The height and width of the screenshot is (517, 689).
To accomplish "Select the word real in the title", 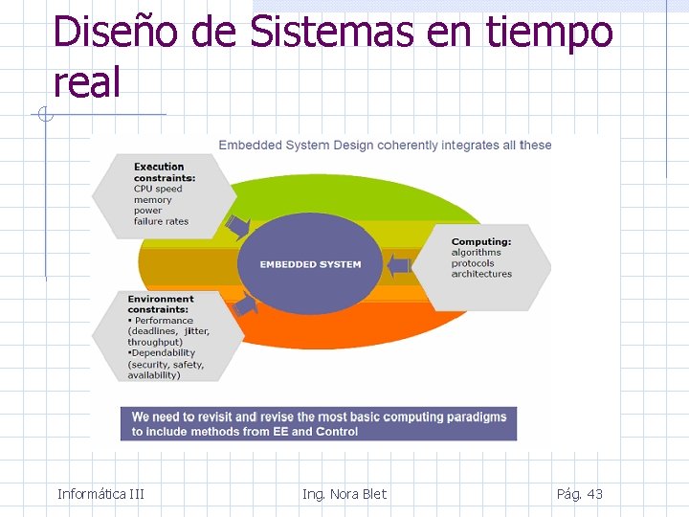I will tap(87, 83).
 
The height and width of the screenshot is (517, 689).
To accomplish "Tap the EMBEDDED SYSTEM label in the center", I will tap(311, 264).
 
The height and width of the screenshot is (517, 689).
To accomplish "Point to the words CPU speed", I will tap(158, 190).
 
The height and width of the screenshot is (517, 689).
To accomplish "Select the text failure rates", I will tap(161, 221).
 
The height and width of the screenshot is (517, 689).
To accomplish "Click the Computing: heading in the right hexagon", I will tap(481, 242).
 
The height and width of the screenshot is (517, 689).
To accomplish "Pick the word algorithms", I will tap(476, 253).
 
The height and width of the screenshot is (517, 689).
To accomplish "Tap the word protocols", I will tap(473, 263).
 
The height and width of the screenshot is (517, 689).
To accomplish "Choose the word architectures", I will tap(481, 274).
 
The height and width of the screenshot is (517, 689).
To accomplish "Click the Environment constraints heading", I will tap(161, 304).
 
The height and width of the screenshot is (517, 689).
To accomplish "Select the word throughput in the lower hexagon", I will tap(154, 342).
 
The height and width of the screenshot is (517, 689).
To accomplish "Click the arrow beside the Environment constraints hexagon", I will tap(246, 304).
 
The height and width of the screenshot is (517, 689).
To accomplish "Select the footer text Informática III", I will tap(100, 494).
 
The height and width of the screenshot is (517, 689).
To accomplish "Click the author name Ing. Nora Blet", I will tap(344, 494).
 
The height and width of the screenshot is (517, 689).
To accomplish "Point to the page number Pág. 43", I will tap(579, 494).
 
